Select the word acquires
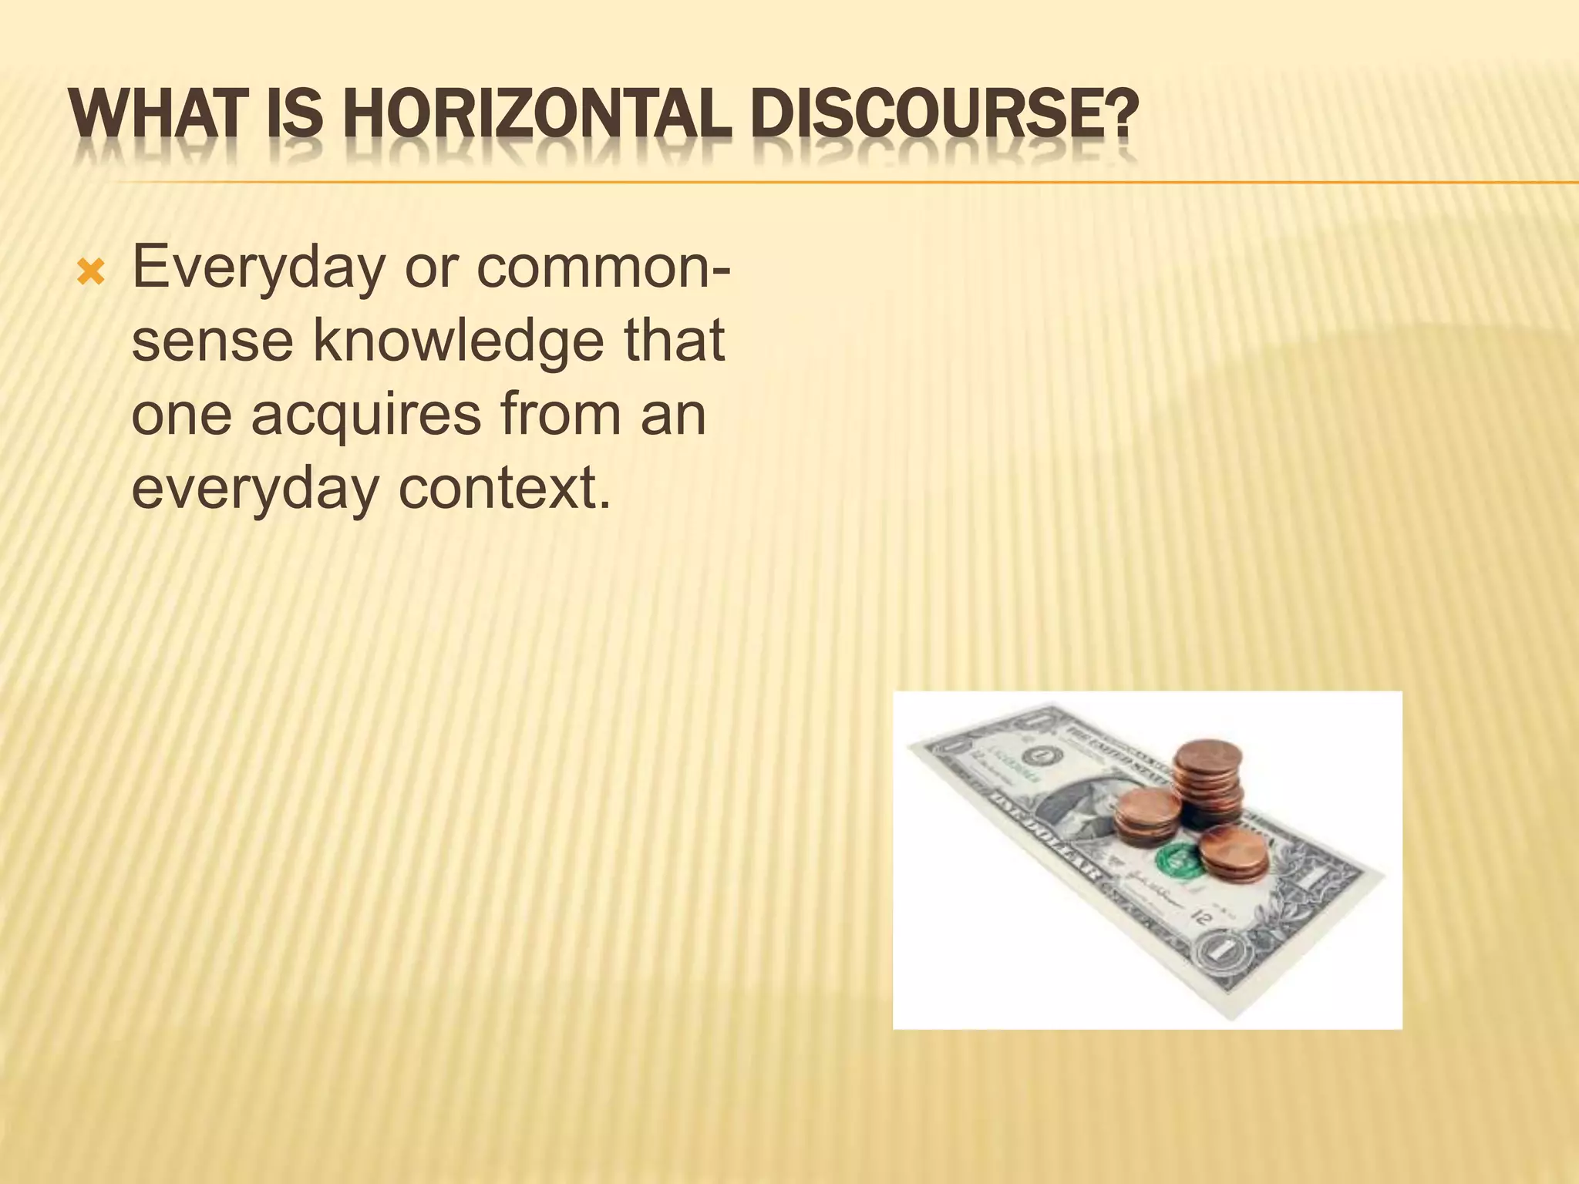click(x=367, y=414)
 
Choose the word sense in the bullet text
click(x=211, y=341)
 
